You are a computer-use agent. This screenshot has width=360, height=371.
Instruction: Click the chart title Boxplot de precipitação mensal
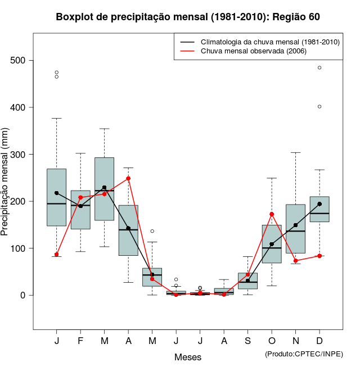tap(188, 17)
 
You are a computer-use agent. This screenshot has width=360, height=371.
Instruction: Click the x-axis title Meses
tap(188, 357)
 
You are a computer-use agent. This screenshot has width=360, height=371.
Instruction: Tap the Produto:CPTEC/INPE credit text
tap(304, 354)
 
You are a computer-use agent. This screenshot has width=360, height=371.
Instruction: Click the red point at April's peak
tap(128, 178)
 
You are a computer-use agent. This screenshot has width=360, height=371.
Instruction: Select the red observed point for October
tap(272, 214)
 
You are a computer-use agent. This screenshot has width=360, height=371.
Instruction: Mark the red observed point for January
tap(57, 255)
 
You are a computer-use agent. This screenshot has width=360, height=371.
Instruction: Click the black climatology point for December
tap(319, 204)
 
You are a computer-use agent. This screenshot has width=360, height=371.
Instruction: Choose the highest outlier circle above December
tap(319, 67)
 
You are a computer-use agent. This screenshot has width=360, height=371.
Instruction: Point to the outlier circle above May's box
tap(152, 231)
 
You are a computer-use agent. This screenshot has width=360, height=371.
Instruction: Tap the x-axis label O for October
tap(272, 341)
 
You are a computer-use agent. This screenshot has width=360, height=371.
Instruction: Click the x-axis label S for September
tap(247, 341)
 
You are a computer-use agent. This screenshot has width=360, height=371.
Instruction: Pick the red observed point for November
tap(296, 261)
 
